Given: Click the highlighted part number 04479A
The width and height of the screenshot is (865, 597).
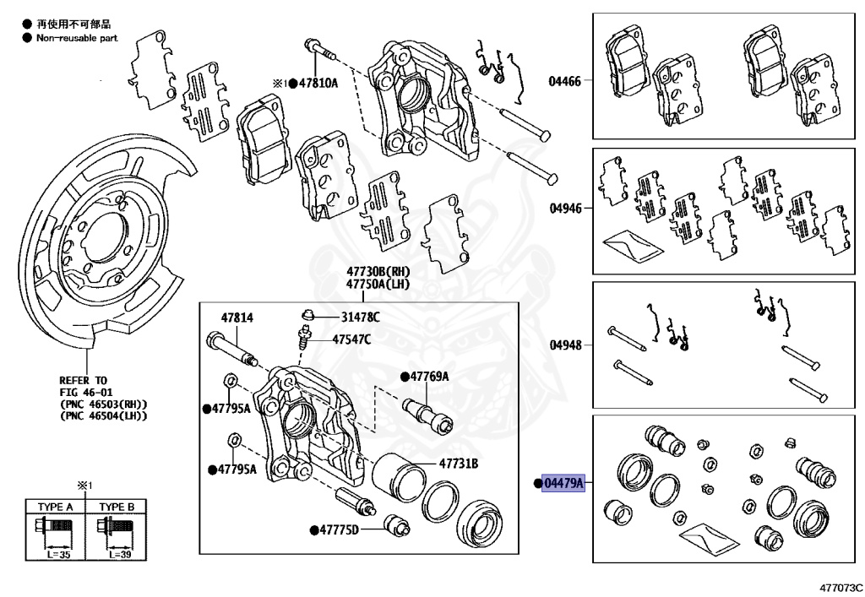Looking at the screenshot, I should click(x=563, y=483).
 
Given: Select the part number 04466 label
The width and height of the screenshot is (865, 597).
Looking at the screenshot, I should click(x=564, y=82).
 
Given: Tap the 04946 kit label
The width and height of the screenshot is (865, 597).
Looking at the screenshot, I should click(x=564, y=208).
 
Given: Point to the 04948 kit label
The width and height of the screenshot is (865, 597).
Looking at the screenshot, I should click(x=564, y=345).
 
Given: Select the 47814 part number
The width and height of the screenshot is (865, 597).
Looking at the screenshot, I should click(x=237, y=318).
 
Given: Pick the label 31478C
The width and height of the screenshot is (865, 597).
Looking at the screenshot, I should click(x=361, y=317).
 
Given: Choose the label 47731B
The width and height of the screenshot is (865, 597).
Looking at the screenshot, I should click(x=458, y=464).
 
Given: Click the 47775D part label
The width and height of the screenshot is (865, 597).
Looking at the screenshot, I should click(x=339, y=529).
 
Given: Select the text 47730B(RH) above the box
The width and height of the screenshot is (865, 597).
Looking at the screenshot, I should click(x=377, y=272).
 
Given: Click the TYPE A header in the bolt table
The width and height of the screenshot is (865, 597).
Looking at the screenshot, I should click(x=56, y=507).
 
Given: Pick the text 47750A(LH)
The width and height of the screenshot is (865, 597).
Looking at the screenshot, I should click(x=377, y=285).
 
